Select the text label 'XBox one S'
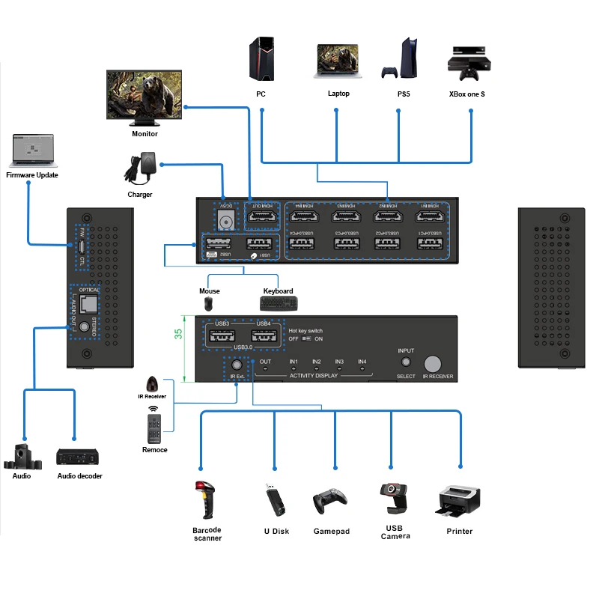pyautogui.click(x=466, y=94)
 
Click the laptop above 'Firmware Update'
pyautogui.click(x=34, y=151)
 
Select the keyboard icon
pyautogui.click(x=279, y=303)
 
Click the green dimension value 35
pyautogui.click(x=178, y=335)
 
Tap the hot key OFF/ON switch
pyautogui.click(x=307, y=338)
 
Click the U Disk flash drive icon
pyautogui.click(x=275, y=499)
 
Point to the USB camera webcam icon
pyautogui.click(x=395, y=498)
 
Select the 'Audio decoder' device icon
pyautogui.click(x=79, y=456)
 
